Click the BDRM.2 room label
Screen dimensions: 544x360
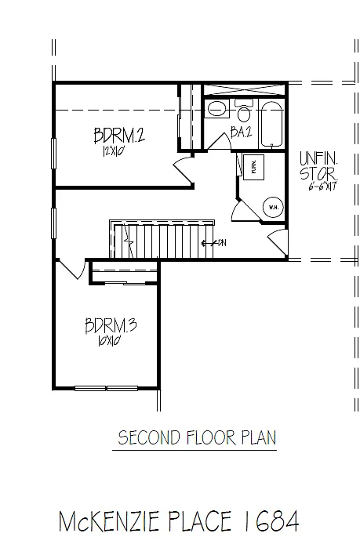point(118,136)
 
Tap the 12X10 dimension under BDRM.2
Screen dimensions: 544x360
point(111,153)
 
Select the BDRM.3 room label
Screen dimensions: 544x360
point(111,325)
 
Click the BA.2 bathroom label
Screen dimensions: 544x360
point(240,133)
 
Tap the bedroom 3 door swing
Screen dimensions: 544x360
point(71,270)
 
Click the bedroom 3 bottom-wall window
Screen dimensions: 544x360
point(106,387)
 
